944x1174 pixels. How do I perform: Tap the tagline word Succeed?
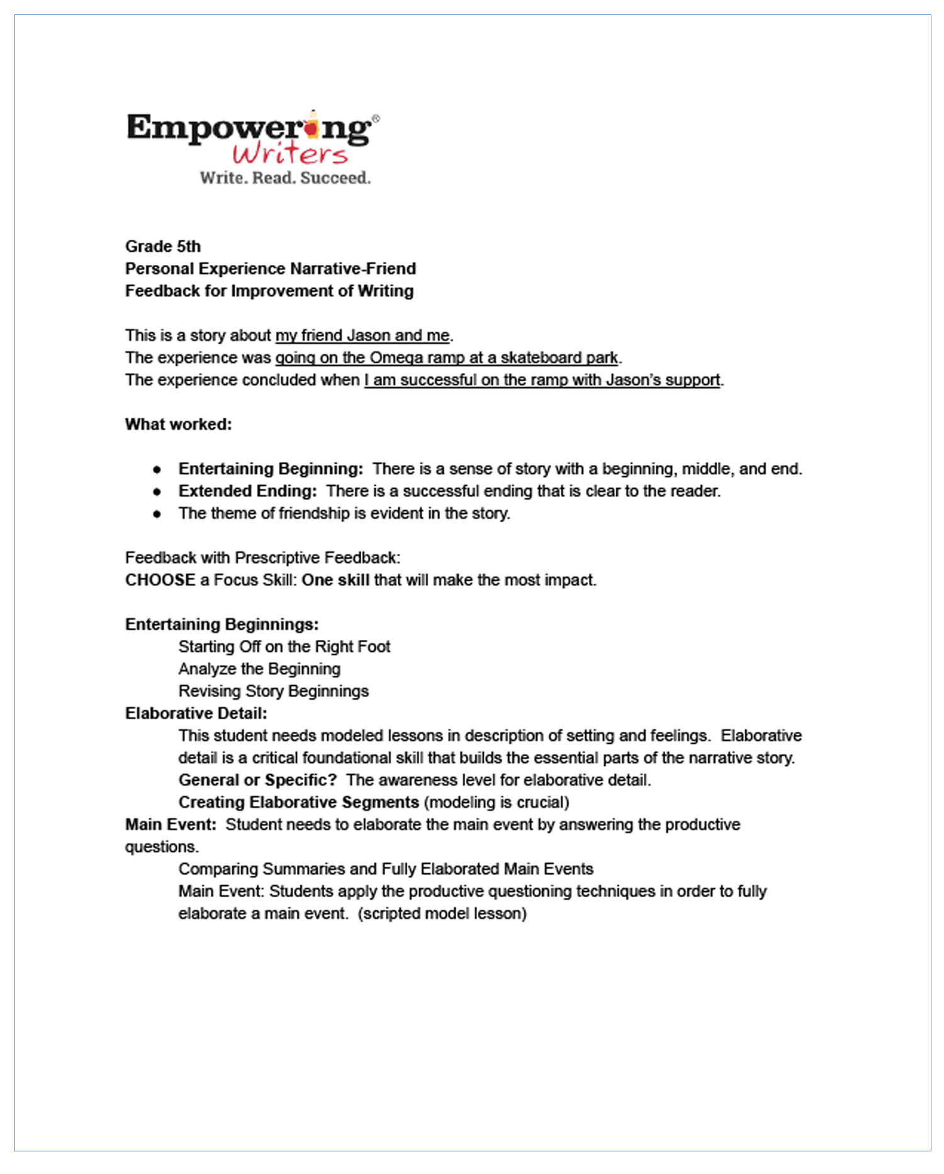click(x=335, y=178)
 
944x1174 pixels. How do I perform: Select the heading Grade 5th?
click(x=163, y=247)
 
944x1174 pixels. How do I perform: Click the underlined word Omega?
click(x=396, y=358)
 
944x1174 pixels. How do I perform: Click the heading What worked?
click(x=179, y=425)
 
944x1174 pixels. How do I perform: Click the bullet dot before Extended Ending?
click(x=157, y=491)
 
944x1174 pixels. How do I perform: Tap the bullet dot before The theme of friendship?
click(x=157, y=514)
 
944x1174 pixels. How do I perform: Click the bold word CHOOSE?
click(x=160, y=580)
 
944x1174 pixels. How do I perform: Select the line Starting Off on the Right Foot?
click(x=284, y=647)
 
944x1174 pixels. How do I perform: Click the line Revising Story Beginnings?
click(x=274, y=691)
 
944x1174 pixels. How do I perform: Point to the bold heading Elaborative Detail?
click(x=196, y=713)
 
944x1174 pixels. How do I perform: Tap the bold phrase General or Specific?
click(x=258, y=780)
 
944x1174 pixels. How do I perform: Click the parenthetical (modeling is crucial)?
click(x=497, y=803)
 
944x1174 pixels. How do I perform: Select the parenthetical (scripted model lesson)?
click(x=442, y=914)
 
